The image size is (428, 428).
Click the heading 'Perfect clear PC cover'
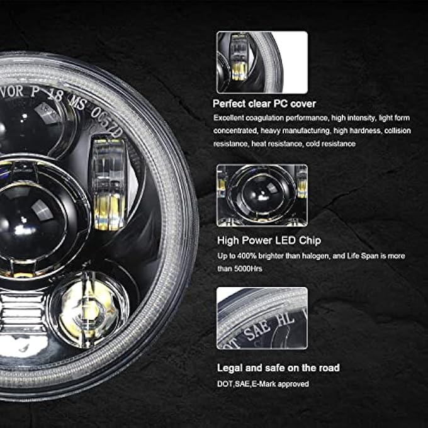click(x=264, y=104)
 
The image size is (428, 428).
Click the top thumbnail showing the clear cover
click(x=262, y=62)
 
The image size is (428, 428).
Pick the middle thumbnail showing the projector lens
click(x=262, y=195)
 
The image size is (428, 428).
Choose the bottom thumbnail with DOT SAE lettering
click(x=262, y=318)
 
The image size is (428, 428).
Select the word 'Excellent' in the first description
click(x=228, y=118)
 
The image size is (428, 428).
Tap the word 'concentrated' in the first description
click(x=235, y=131)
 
